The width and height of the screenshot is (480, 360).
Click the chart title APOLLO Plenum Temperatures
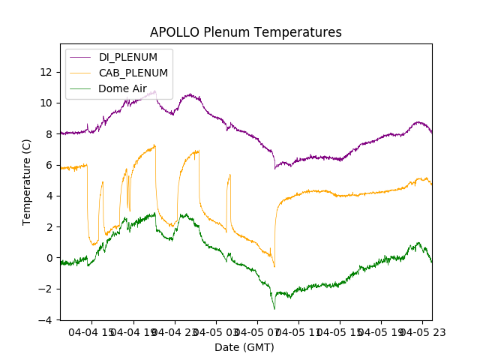(x=245, y=32)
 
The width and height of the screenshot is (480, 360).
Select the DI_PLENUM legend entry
(x=128, y=57)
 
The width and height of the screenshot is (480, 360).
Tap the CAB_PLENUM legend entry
(x=133, y=73)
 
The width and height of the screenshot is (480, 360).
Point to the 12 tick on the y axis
(x=46, y=72)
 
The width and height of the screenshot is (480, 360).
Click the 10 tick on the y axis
(x=46, y=103)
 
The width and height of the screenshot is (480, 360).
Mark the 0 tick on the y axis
(x=49, y=258)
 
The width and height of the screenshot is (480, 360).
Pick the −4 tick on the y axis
(x=46, y=320)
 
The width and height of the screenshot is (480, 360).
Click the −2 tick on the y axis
(x=46, y=289)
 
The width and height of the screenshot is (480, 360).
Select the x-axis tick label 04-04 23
(x=175, y=332)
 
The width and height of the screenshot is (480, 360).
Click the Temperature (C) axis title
(x=27, y=181)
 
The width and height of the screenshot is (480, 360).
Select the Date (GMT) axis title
(x=244, y=347)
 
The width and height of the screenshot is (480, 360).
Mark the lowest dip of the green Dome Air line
(x=274, y=309)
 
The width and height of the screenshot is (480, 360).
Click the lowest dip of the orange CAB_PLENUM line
(x=274, y=266)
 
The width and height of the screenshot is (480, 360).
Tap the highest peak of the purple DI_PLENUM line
(x=155, y=91)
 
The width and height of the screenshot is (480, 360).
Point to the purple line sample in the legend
(x=82, y=57)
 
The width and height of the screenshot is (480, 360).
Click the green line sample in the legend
(x=82, y=88)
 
